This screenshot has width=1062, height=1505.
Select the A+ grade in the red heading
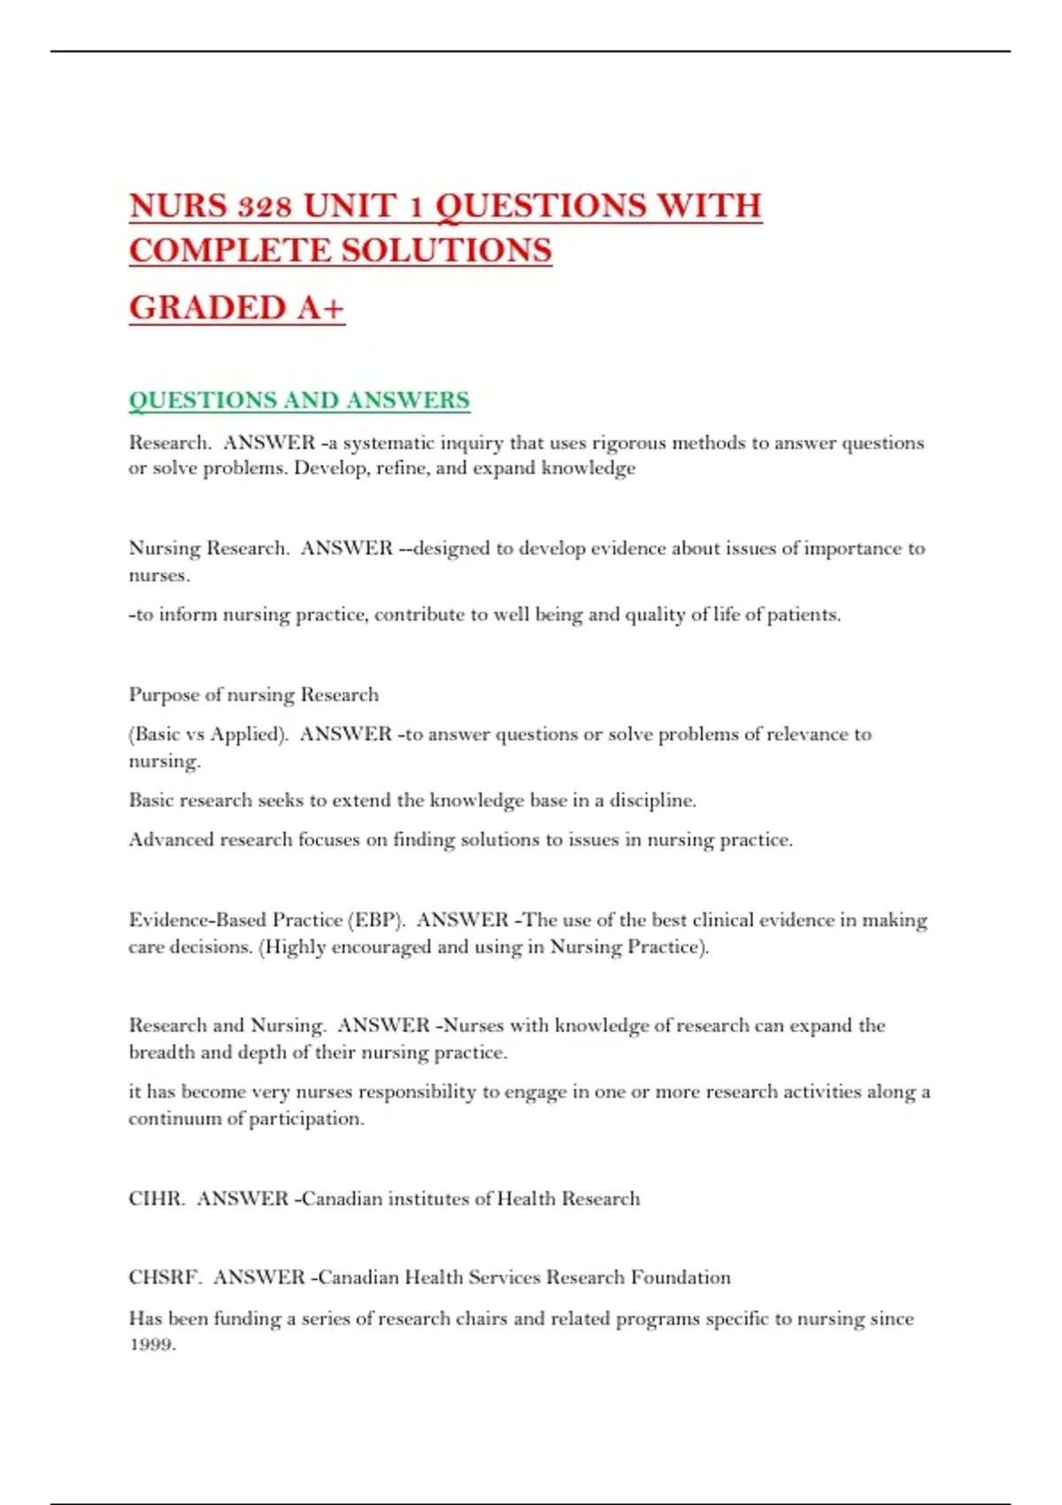coord(320,308)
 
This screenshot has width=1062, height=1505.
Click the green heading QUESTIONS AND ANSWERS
coord(299,400)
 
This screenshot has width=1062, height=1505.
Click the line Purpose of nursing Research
coord(254,695)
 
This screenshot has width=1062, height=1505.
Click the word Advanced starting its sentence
coord(171,839)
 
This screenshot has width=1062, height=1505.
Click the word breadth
coord(162,1053)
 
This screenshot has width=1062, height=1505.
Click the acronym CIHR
coord(156,1199)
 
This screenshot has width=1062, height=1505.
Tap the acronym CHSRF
coord(165,1277)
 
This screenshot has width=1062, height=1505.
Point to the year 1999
coord(151,1345)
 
